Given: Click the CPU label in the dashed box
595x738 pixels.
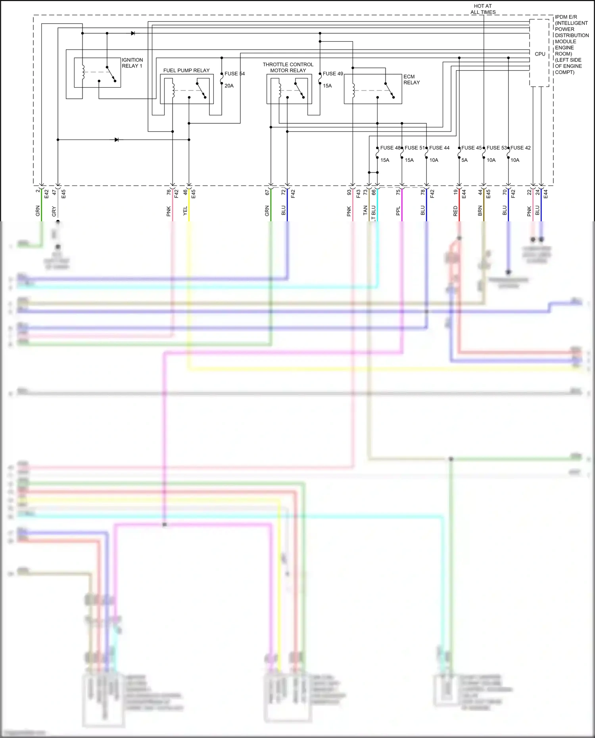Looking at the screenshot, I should (x=540, y=54).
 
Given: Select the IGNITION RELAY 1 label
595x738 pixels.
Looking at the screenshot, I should (x=132, y=63).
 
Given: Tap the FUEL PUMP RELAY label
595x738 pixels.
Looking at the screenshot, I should (x=186, y=70).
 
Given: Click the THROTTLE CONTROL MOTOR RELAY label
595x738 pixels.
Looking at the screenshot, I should (x=288, y=67).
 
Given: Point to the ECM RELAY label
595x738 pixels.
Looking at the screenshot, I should (x=411, y=79).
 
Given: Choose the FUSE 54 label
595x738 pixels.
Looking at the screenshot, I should (x=234, y=74).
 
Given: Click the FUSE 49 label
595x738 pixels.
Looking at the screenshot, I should (x=333, y=74).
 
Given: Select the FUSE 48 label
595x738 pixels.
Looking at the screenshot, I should (x=390, y=148).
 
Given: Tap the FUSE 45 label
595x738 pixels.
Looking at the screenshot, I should (x=471, y=148).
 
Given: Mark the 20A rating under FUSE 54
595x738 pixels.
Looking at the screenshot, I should (x=229, y=86).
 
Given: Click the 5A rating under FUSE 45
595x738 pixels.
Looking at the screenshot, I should (x=464, y=160).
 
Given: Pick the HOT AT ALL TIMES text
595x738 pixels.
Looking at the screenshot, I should (x=483, y=9).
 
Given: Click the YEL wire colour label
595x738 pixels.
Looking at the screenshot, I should (x=185, y=211).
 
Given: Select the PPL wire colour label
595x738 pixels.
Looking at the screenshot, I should (x=398, y=211).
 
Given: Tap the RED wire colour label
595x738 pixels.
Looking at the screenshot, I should (x=455, y=211).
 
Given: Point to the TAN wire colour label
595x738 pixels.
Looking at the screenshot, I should (x=365, y=211).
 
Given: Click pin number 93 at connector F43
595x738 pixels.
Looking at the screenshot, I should (x=349, y=192).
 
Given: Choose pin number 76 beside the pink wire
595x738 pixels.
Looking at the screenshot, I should (x=169, y=192).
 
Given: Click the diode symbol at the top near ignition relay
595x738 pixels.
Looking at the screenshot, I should (x=133, y=33).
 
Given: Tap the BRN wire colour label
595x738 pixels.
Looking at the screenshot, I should (x=480, y=211).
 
